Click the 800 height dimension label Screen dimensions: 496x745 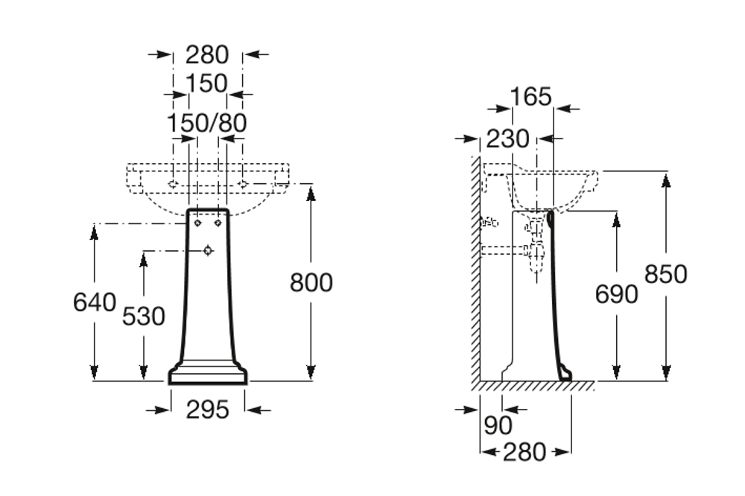coord(311,283)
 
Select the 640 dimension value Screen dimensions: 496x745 coord(95,302)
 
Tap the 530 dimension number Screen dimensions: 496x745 coord(144,317)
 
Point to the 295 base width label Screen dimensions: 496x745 coord(207,408)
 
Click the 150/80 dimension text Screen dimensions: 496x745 coord(206,123)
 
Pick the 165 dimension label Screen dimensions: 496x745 coord(531,96)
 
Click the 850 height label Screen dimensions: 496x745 coord(666,274)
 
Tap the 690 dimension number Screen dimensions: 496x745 coord(616,294)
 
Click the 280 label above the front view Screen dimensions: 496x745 coord(207,54)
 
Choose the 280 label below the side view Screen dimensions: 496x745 coord(525,451)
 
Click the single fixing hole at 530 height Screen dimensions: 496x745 coord(208,251)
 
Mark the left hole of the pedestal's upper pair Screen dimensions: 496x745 coord(197,222)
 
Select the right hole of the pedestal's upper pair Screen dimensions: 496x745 coord(218,222)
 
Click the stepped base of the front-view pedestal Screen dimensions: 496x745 coord(208,373)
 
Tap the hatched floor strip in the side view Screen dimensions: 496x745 coord(536,386)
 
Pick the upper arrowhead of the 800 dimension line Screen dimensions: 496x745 coord(311,191)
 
